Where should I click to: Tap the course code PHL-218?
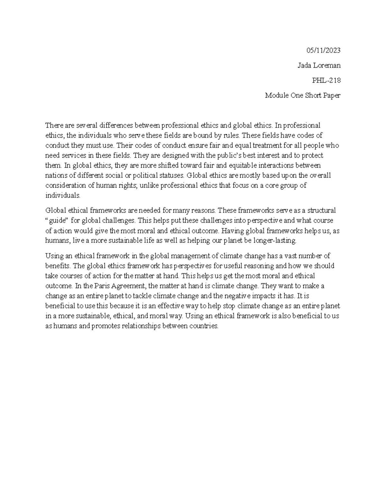click(326, 80)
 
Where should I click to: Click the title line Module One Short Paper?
click(303, 95)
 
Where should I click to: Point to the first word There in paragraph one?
click(52, 125)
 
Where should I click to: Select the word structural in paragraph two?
click(321, 211)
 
